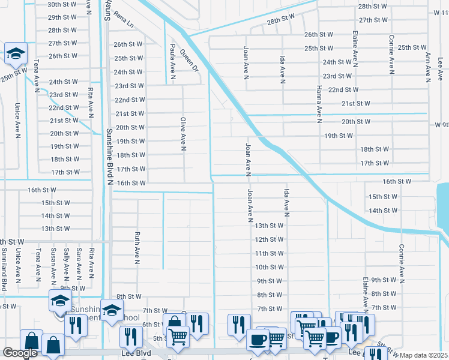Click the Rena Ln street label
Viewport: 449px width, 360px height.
125,19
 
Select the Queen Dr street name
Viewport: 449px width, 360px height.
189,60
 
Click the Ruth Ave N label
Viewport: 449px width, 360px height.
137,248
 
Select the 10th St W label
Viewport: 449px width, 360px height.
269,267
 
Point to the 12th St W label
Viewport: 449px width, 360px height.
269,239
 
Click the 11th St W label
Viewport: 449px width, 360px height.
269,253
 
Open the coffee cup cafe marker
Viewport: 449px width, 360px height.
258,339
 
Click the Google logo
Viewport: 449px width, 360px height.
20,353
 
